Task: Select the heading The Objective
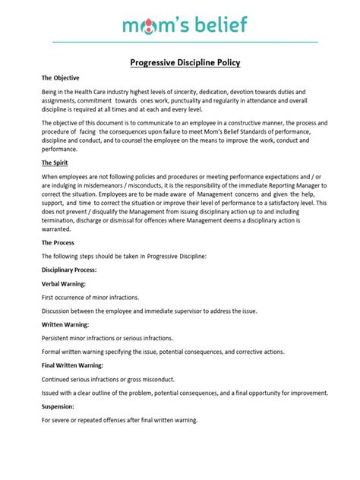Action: [60, 78]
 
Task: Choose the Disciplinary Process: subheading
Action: [69, 270]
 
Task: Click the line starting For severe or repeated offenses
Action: [120, 420]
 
